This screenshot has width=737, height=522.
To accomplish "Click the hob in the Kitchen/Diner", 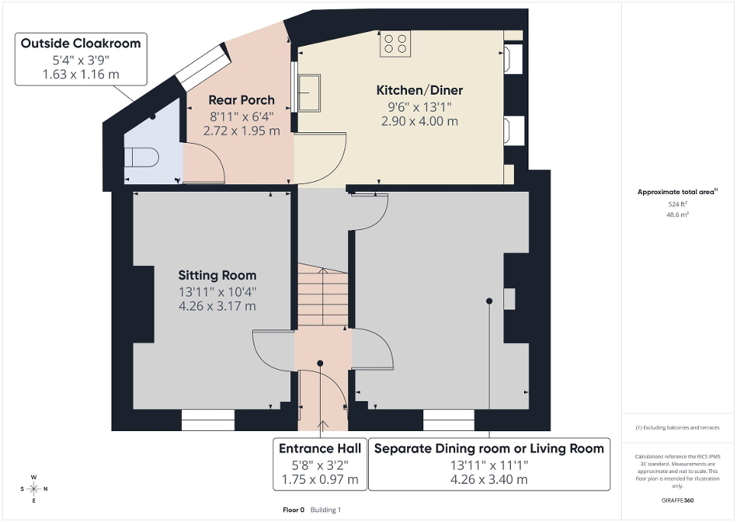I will pos(396,43).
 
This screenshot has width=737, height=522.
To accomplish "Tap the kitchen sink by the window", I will pos(310,93).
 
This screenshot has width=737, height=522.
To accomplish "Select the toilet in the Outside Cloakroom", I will pos(141,158).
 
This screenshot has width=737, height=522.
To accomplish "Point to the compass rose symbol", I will pos(34,488).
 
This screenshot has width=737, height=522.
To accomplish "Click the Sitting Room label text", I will pos(218,275).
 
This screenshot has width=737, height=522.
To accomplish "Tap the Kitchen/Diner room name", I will pos(419,90).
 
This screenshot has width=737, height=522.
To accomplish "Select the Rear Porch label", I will pos(241,100).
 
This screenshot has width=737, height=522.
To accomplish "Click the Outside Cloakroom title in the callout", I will pos(81,44).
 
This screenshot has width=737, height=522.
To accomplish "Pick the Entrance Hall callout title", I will pos(320,448).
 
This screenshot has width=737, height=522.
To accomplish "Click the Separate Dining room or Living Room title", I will pos(489,448).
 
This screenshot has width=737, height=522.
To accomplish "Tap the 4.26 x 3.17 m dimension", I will pos(218,306).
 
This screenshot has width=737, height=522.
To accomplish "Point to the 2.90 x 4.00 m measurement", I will pos(419,121).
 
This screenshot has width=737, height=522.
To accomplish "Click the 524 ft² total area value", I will pos(678,204).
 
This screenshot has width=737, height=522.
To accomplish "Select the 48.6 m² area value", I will pos(678,215).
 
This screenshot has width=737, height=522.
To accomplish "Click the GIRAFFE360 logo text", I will pos(678,501).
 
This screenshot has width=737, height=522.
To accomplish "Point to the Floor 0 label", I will pos(293,509).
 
